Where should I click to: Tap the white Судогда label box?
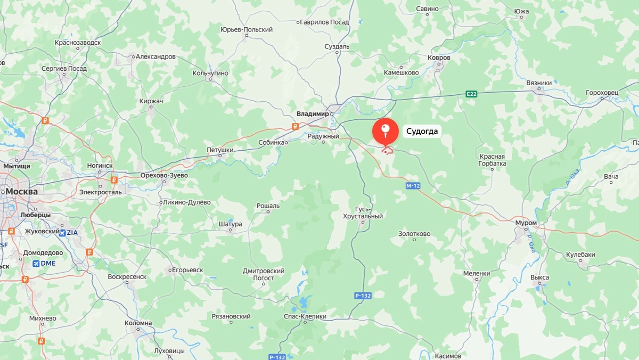[422, 132]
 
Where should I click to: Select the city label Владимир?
[313, 113]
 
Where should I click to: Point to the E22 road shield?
[471, 94]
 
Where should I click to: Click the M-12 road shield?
[413, 186]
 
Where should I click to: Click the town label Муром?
[526, 223]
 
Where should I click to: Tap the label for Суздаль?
[337, 46]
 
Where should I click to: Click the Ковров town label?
[439, 58]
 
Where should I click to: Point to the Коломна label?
[138, 323]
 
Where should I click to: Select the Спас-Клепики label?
[305, 316]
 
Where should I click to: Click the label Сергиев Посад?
[64, 69]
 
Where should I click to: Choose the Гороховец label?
[602, 92]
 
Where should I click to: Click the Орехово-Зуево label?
[164, 175]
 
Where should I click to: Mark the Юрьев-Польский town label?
[247, 30]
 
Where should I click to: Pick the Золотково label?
[414, 234]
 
